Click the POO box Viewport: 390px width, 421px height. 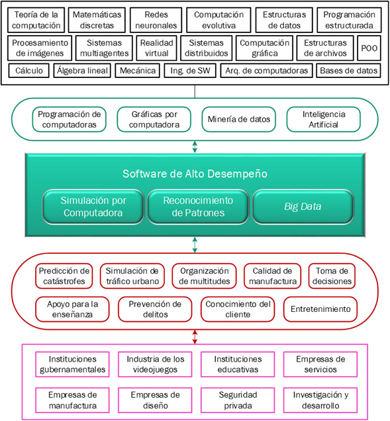pos(369,48)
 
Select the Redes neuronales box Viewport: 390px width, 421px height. pos(156,20)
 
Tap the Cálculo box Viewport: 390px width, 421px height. pos(28,71)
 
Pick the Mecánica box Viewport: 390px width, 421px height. pos(138,71)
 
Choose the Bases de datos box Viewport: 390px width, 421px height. pos(348,71)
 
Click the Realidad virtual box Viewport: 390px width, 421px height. pos(156,48)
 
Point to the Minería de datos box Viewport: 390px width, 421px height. pos(239,119)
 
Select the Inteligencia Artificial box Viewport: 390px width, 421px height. pos(324,119)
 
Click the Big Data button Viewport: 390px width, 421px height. pos(303,206)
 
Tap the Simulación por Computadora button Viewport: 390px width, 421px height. pos(93,206)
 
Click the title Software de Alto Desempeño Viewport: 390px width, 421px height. pos(195,174)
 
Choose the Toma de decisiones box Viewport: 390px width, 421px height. pos(332,276)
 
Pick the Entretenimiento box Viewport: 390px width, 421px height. pos(320,309)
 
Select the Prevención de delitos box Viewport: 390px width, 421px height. pos(155,309)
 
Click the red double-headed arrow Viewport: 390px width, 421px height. pos(195,337)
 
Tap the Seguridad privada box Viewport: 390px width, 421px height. pos(238,400)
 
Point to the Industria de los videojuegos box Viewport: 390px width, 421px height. pos(155,364)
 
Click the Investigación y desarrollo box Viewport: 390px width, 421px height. pos(320,400)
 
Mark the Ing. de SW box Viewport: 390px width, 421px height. pos(190,71)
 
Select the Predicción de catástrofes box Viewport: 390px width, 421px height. pos(64,276)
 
